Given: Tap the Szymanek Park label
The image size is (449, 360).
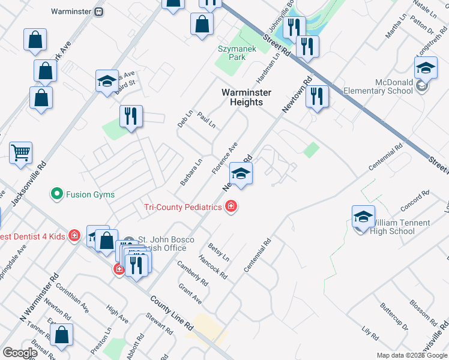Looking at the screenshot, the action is pos(231,52).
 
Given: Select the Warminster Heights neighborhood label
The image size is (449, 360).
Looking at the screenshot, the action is pos(246,97).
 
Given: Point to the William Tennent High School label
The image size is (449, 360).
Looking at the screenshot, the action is pos(398,227).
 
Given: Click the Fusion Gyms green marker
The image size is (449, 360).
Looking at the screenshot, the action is pos(57,194).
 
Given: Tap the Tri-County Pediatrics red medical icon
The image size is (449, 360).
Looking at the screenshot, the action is pos(231,207).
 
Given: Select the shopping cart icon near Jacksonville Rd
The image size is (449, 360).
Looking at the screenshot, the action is pos(20,153).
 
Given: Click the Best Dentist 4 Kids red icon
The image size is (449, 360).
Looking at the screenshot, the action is pos(74,236).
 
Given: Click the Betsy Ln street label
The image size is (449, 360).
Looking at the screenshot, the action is pos(218,253).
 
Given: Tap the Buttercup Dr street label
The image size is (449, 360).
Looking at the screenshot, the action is pos(394,317).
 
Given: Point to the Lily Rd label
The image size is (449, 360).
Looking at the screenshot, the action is pos(370,333).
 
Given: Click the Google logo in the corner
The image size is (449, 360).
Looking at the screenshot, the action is pos(20,353).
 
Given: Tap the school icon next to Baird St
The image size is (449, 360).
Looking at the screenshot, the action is pos(107,81).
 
